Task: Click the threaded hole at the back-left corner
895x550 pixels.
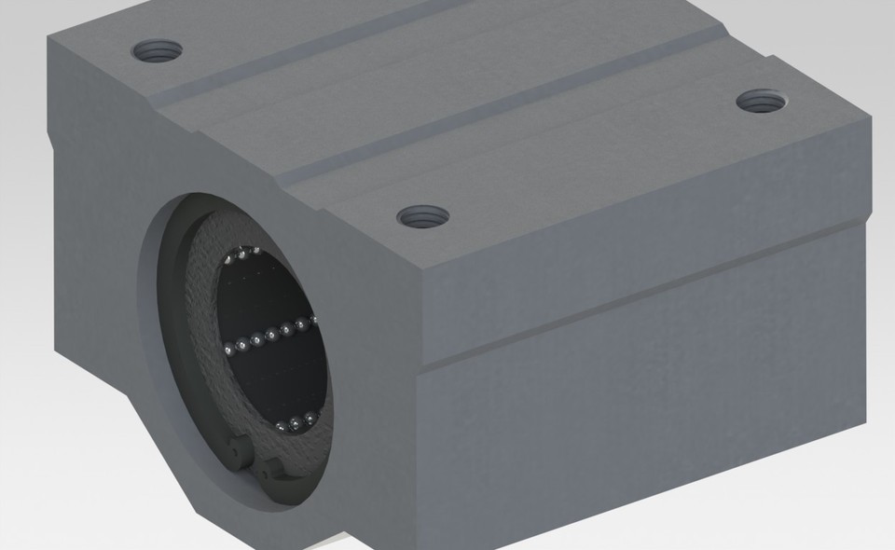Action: pos(157,50)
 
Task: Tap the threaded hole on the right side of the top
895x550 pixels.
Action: pos(762,100)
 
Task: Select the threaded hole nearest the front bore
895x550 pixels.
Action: pos(422,218)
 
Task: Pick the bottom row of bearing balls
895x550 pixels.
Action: pos(296,424)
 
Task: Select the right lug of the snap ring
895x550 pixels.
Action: pos(271,468)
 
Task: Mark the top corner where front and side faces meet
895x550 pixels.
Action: pos(423,271)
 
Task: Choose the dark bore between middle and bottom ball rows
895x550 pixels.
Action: pos(280,382)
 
